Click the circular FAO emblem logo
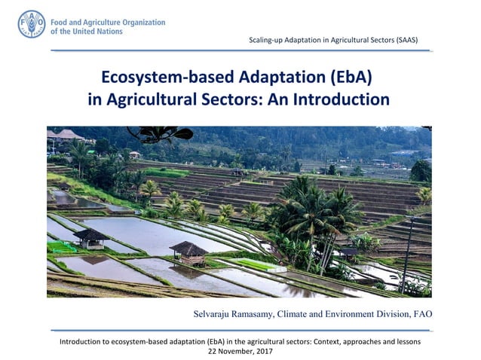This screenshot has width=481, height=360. click(x=32, y=24)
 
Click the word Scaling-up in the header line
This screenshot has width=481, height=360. click(x=267, y=39)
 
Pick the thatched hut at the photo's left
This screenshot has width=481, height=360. click(x=91, y=238)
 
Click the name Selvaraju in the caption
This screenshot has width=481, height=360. click(x=219, y=313)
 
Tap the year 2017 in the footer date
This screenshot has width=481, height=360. click(x=263, y=351)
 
